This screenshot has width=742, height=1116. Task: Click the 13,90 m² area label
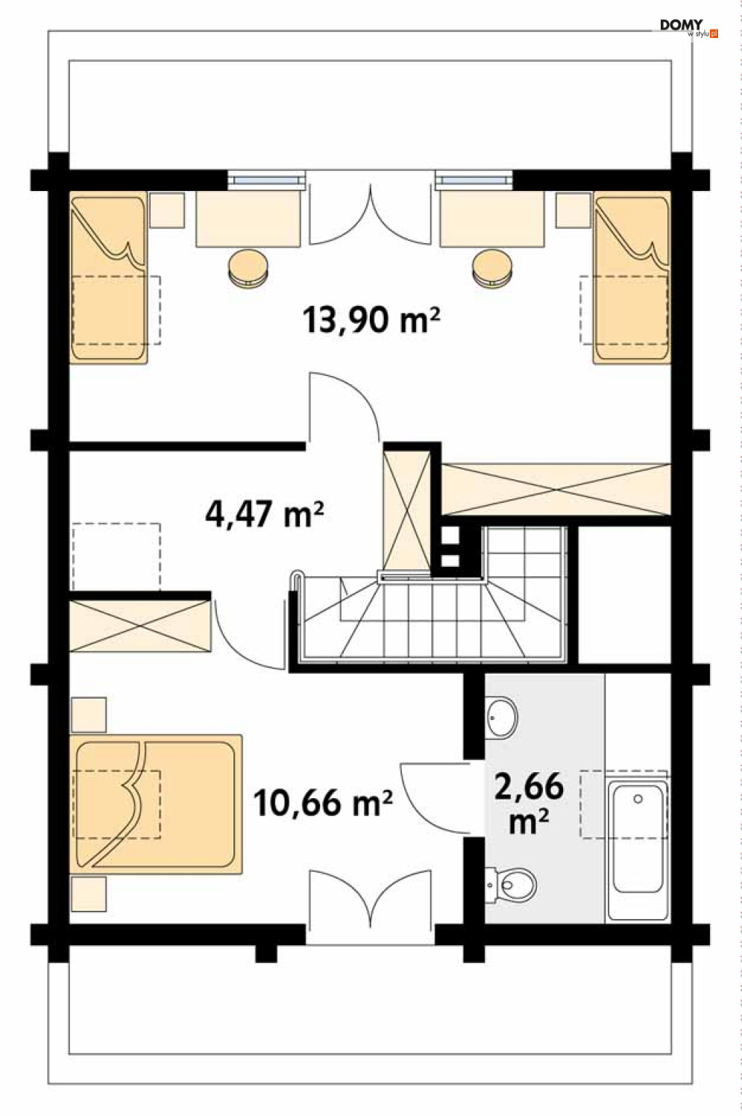[371, 319]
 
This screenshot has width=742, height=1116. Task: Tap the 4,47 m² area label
[265, 514]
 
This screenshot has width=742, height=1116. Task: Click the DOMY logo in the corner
[689, 29]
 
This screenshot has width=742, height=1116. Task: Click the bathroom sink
[501, 718]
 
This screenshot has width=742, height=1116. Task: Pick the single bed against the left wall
[108, 277]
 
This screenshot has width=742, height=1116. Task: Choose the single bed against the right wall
[632, 277]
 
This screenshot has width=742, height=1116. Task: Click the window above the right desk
[474, 180]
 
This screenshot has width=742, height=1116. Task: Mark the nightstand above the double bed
[89, 715]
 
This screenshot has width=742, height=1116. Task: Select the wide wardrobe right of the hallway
[556, 489]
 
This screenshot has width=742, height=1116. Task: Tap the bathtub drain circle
[638, 799]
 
